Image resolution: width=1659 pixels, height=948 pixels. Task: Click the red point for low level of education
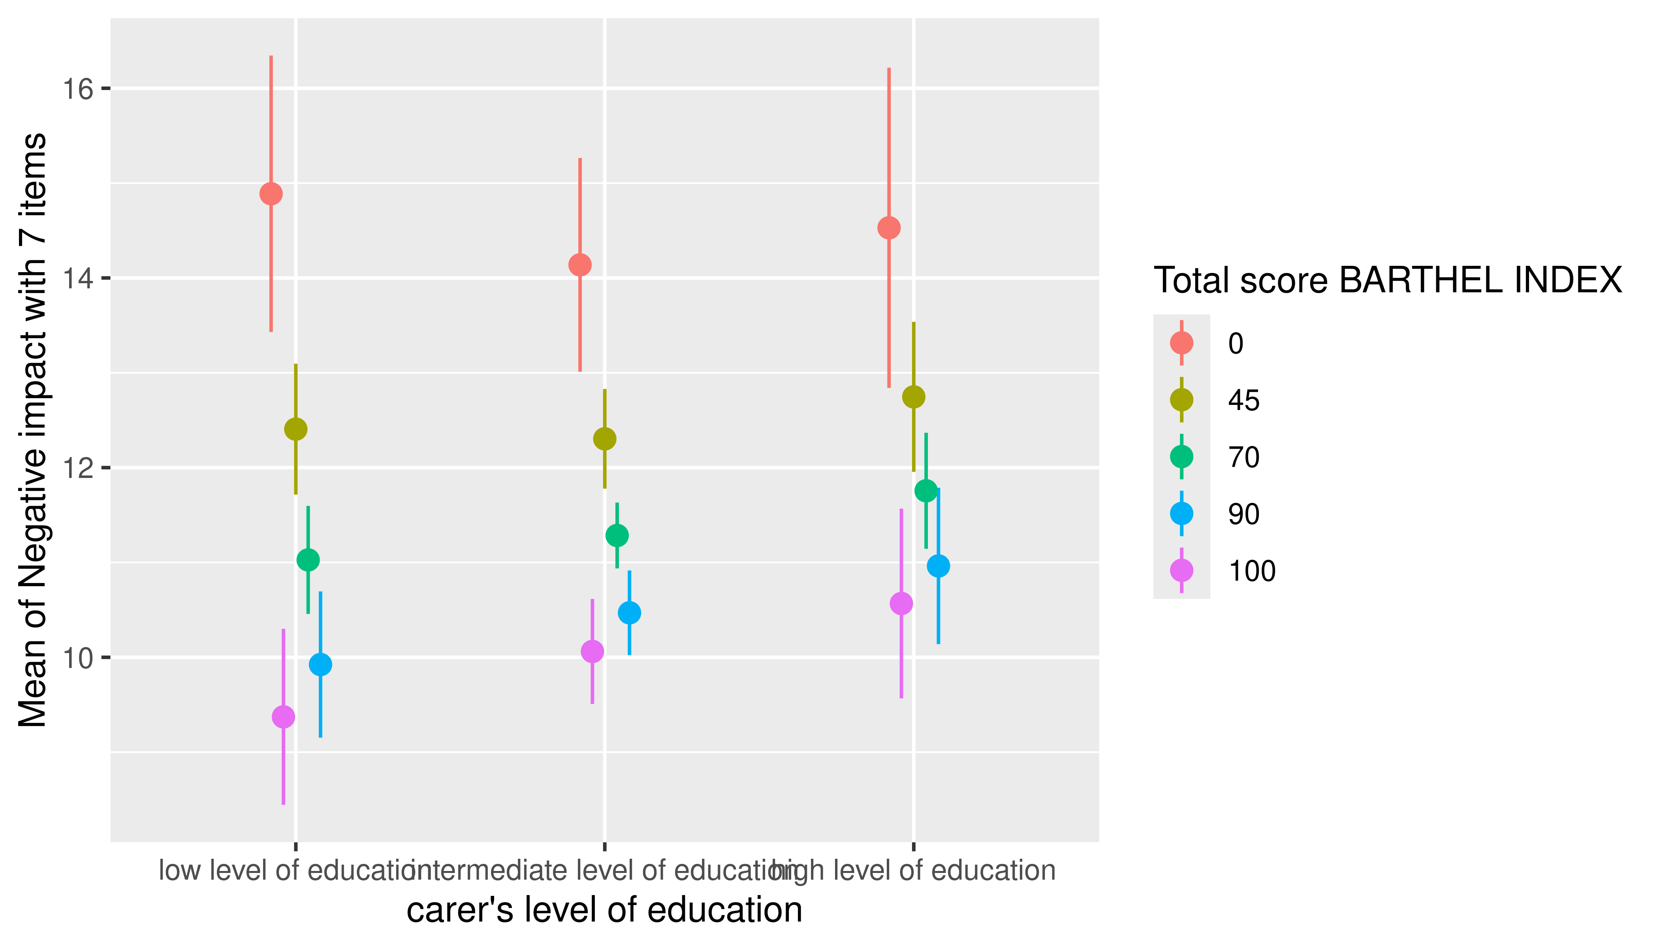pos(271,194)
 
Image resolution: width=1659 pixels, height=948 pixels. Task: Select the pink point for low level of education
pos(283,717)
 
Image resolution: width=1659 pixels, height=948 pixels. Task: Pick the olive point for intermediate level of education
pos(605,439)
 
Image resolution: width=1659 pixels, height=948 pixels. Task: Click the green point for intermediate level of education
pos(617,535)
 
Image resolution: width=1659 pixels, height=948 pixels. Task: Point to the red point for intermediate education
pos(579,265)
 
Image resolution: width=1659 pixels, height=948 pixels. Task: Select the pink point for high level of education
pos(901,604)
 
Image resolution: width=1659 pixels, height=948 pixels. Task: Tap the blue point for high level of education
pos(938,566)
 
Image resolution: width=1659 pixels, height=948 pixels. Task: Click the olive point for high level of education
pos(914,397)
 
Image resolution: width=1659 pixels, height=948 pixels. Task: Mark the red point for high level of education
pos(889,228)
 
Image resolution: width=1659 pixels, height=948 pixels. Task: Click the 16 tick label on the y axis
pos(77,89)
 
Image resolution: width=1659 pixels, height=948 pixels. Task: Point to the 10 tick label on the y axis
pos(77,658)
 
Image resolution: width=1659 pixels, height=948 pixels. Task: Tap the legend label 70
pos(1243,457)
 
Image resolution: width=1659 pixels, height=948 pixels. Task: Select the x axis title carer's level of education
pos(604,910)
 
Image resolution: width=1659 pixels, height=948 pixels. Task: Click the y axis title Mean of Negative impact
pos(32,430)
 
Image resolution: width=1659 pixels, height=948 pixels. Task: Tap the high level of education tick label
pos(925,871)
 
